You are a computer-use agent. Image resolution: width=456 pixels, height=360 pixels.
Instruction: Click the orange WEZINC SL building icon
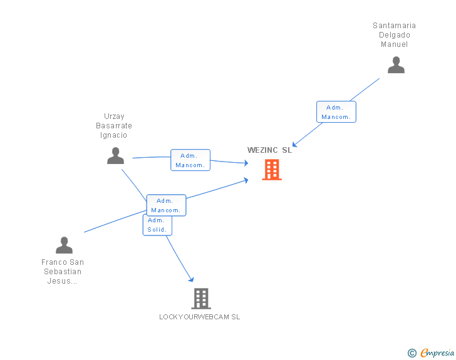271,170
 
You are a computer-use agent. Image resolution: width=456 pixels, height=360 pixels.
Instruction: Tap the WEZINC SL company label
269,150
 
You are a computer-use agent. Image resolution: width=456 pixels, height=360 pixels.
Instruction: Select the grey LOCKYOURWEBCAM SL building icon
200,299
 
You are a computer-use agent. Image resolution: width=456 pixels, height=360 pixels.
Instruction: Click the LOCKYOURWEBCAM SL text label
199,317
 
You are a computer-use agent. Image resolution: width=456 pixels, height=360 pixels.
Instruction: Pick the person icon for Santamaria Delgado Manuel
396,65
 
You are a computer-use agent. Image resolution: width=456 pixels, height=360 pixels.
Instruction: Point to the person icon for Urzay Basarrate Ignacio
115,156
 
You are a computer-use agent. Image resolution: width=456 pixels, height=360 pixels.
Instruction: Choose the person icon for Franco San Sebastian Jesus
64,245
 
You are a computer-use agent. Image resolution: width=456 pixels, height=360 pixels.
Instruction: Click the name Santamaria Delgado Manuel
394,35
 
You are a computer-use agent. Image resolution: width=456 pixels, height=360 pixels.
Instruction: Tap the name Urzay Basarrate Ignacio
114,125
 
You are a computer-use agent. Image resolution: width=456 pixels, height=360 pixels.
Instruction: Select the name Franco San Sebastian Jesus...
63,272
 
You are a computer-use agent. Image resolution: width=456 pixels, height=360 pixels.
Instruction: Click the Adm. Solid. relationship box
157,225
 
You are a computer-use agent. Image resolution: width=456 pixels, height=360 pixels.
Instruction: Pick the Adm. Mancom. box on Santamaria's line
336,112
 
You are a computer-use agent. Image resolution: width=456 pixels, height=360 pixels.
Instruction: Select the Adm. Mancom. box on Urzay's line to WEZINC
190,160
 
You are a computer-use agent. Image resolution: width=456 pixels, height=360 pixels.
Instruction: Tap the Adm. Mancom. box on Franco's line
166,205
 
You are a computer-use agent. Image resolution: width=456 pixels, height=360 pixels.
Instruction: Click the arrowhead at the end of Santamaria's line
296,145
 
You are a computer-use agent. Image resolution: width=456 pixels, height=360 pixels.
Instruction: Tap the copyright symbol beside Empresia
412,353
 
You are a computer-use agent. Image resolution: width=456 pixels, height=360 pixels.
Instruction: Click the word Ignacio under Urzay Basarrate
114,135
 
